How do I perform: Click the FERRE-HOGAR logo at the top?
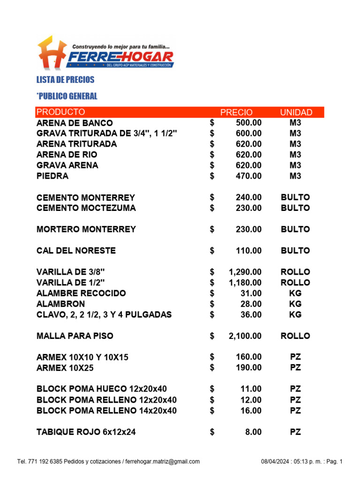[105, 52]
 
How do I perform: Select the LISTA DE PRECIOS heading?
[65, 80]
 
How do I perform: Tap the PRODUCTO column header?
[61, 112]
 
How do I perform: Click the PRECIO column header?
[236, 112]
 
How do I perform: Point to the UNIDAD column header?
[296, 112]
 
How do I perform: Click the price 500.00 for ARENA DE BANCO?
[248, 123]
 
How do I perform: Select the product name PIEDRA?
[52, 176]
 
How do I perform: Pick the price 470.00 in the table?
[248, 176]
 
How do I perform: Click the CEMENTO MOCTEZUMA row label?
[86, 208]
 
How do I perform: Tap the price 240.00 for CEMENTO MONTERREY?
[248, 197]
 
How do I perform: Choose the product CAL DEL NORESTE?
[76, 251]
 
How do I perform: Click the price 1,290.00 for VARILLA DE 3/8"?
[245, 272]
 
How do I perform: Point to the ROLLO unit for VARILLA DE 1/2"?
[295, 283]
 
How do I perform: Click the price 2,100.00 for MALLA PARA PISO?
[245, 336]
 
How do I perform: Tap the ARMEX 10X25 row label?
[65, 368]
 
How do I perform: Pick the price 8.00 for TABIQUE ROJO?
[253, 432]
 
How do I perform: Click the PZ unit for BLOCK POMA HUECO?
[295, 389]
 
